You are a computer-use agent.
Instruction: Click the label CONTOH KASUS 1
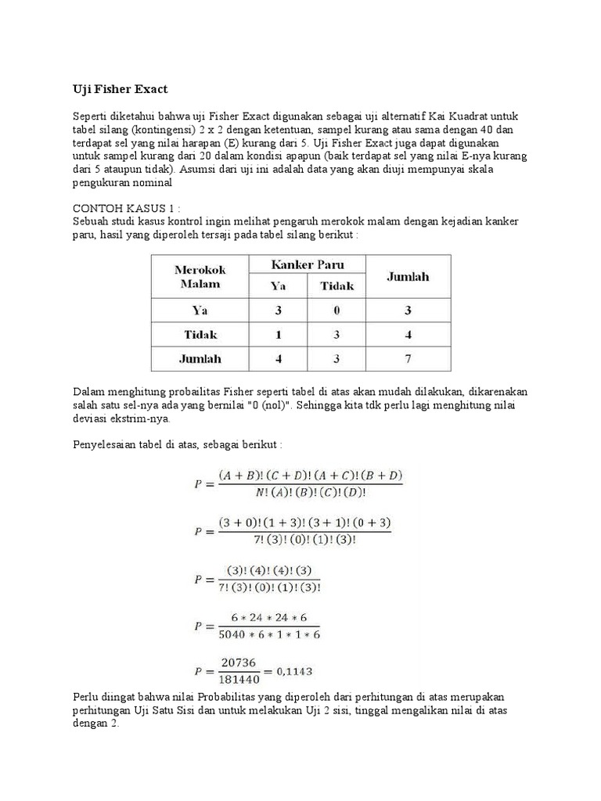click(127, 210)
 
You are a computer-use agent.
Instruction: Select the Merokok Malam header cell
click(200, 277)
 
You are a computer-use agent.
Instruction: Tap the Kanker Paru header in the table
click(308, 264)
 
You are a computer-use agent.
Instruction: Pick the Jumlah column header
click(408, 277)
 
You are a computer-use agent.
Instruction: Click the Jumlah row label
click(200, 359)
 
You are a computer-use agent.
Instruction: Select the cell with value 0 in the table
click(336, 310)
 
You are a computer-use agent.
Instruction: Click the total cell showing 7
click(408, 359)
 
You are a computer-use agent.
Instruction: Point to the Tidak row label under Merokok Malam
click(200, 334)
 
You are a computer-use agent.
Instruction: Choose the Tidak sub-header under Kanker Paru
click(336, 286)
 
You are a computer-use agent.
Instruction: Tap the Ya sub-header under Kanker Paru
click(279, 286)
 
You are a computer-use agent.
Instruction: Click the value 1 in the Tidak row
click(279, 334)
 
